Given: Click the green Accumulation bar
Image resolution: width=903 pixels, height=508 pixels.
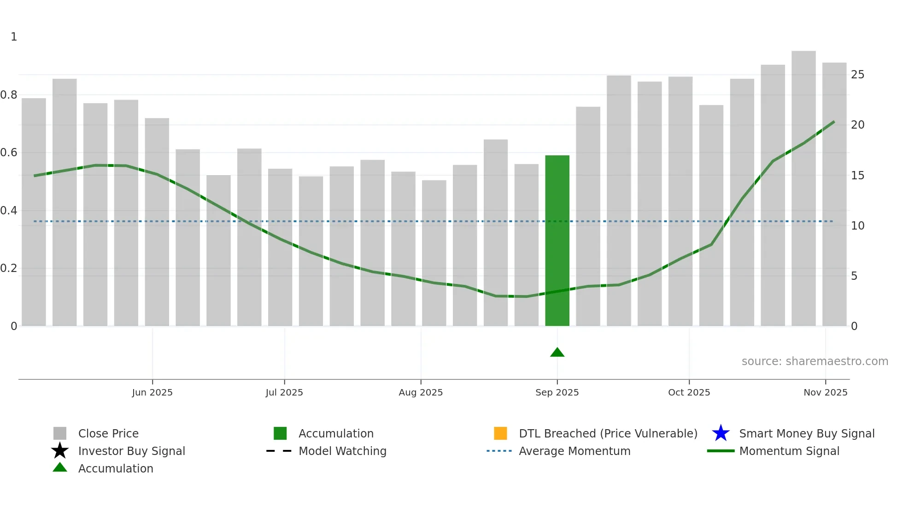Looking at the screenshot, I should [557, 240].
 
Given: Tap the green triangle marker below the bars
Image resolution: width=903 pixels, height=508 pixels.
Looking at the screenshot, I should [557, 353].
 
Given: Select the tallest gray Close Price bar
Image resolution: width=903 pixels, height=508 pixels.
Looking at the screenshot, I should [803, 189].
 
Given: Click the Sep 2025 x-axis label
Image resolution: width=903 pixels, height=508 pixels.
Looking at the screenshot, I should [557, 392].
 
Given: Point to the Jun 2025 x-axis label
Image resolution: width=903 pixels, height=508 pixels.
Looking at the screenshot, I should [152, 392].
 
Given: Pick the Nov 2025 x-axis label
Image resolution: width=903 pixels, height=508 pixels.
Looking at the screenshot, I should [825, 392].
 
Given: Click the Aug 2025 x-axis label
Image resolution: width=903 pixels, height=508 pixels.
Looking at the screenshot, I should [421, 392].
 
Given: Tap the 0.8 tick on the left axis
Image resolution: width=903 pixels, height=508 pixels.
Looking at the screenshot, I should [9, 95].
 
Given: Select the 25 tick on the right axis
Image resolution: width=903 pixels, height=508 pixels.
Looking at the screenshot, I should [857, 75].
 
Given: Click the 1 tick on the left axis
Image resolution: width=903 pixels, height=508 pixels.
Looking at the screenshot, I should [14, 37].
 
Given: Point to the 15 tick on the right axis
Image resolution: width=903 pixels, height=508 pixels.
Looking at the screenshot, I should [857, 176].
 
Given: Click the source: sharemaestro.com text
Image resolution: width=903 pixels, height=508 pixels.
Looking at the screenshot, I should [815, 361].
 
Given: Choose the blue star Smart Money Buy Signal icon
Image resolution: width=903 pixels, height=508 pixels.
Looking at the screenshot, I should [721, 433].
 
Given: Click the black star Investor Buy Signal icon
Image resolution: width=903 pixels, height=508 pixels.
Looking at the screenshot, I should [60, 451].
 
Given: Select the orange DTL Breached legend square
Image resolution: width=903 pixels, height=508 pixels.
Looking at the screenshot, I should [500, 433].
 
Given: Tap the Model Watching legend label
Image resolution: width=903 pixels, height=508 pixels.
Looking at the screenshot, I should [342, 451].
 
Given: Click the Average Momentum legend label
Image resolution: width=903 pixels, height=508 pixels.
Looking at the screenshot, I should [575, 451].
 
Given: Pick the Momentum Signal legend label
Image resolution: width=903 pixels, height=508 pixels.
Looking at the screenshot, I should [789, 451].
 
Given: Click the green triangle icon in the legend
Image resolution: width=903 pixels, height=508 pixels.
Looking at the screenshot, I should [60, 468].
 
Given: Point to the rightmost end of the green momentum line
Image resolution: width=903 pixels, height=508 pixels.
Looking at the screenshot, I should [834, 122].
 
